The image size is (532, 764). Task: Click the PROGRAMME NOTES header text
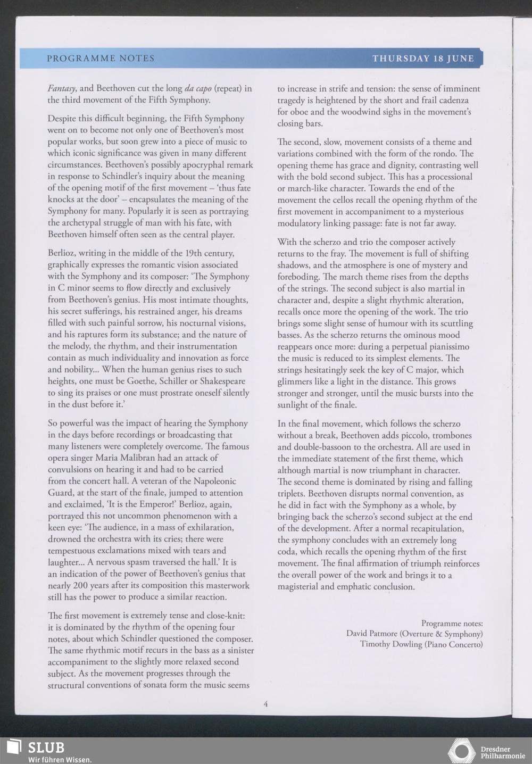click(x=101, y=59)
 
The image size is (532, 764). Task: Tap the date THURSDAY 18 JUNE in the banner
click(x=423, y=59)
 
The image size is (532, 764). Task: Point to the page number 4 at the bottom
click(x=265, y=704)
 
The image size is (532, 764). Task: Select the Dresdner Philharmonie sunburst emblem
click(x=461, y=751)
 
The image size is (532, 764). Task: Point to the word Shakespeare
click(x=218, y=381)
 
